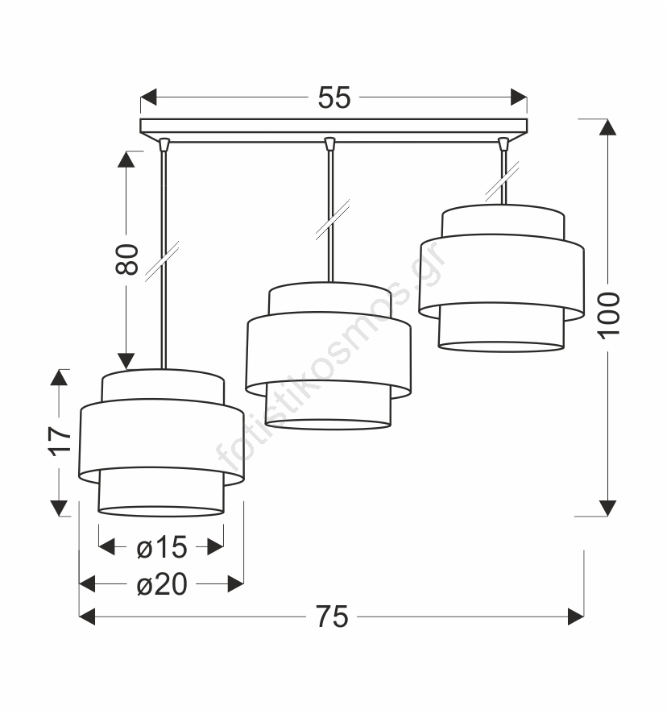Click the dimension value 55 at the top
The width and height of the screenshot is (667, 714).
[x=334, y=98]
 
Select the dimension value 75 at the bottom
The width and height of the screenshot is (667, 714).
[x=333, y=617]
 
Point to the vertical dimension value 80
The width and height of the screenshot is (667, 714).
[x=127, y=259]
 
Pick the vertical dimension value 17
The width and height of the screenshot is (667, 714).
[x=60, y=442]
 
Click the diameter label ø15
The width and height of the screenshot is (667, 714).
[x=162, y=546]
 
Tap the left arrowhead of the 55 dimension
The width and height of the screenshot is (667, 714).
[x=148, y=98]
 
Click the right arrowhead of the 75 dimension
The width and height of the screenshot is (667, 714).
[x=576, y=617]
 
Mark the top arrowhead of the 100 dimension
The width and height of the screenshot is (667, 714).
[x=608, y=127]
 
